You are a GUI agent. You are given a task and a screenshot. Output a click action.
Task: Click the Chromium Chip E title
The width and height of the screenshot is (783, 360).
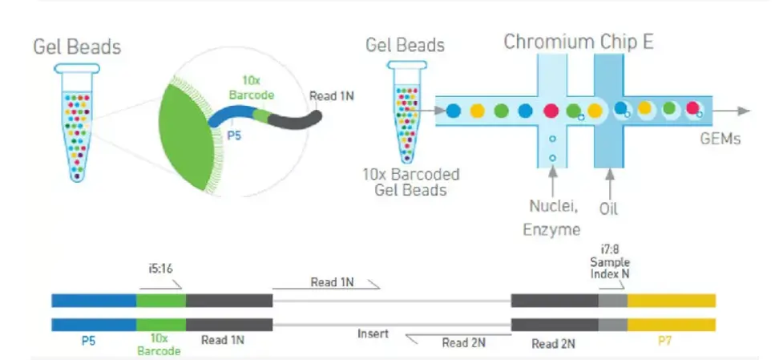coord(579,42)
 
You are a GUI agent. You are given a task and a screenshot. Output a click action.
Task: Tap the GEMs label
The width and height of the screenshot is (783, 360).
coord(720,139)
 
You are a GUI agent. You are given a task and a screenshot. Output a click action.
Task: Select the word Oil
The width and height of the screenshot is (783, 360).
coord(608,208)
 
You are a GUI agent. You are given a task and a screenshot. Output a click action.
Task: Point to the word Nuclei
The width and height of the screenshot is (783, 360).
coord(554,206)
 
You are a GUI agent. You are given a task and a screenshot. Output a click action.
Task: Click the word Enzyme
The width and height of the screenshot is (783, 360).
coord(552,229)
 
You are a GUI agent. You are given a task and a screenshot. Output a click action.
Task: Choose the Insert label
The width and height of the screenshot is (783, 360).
coord(373,333)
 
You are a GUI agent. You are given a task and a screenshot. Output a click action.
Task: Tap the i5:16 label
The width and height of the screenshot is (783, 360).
coord(160,269)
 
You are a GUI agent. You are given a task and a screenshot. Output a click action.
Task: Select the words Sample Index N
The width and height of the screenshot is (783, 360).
coord(610,268)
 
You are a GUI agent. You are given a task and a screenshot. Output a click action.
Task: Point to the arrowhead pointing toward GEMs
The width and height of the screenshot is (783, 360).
coord(744,111)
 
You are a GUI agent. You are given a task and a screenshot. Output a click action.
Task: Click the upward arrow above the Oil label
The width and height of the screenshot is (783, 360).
coord(609,183)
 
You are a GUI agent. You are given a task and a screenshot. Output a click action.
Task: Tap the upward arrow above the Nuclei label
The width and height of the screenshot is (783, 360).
coord(552,182)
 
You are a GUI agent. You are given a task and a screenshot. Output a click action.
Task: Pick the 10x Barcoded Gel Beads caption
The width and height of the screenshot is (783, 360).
coord(411,182)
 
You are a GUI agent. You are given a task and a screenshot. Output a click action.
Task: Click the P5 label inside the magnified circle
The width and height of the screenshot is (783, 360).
coord(234,135)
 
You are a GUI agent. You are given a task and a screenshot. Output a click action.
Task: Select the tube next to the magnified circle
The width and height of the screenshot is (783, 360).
coord(77,123)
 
